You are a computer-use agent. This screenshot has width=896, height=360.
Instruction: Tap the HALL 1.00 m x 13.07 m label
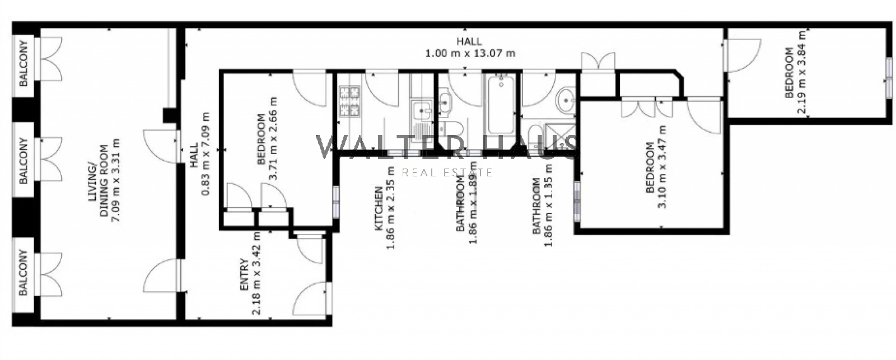click(470, 47)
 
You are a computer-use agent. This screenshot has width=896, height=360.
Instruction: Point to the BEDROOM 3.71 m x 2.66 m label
click(267, 139)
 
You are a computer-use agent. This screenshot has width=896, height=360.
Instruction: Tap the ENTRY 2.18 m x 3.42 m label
click(250, 274)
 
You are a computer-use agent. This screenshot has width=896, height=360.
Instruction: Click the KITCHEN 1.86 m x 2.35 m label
click(384, 208)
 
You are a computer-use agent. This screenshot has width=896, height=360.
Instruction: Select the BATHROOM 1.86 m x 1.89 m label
click(466, 203)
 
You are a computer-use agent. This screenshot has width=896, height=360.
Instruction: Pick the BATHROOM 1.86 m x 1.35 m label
click(543, 205)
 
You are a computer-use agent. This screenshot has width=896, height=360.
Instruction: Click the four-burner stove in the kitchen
click(350, 101)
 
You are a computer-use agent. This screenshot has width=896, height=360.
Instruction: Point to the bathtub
click(501, 104)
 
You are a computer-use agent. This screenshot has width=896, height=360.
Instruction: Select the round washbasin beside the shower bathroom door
click(566, 99)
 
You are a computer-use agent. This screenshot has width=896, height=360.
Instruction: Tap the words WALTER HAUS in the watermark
click(447, 147)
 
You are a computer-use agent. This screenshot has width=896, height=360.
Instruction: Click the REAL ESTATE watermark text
click(447, 172)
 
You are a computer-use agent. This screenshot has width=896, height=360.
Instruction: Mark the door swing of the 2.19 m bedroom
click(743, 55)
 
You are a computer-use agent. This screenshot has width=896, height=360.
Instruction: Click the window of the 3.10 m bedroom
click(577, 201)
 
